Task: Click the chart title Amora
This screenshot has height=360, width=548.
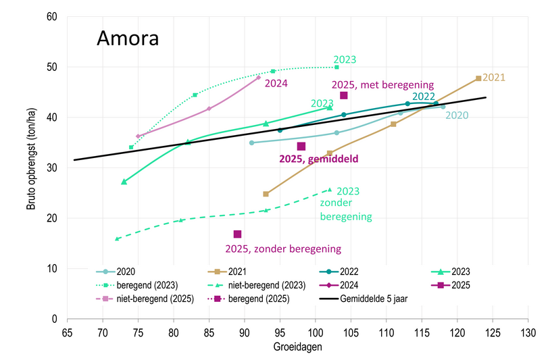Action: [128, 38]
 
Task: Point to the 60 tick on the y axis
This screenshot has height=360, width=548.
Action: [51, 17]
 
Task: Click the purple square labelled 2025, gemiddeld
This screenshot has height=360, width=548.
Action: [301, 147]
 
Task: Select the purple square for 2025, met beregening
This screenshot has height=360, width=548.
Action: [343, 96]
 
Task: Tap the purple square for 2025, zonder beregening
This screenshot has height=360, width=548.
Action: [237, 234]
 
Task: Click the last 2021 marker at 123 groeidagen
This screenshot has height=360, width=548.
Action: [478, 78]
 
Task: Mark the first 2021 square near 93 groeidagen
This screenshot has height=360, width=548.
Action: [266, 194]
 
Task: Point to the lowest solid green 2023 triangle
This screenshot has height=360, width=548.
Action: [124, 182]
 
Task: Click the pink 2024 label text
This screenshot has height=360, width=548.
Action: [276, 84]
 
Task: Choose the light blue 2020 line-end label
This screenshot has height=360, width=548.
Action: [457, 115]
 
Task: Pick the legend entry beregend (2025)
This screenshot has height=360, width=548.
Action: [259, 298]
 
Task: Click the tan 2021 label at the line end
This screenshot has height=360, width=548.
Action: [494, 77]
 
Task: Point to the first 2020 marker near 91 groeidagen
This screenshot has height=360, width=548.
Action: [251, 143]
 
